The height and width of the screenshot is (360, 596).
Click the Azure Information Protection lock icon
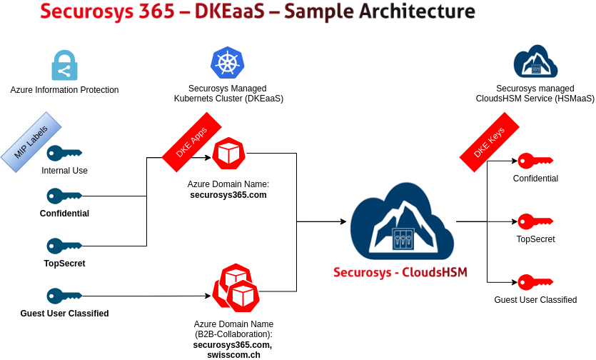[64, 65]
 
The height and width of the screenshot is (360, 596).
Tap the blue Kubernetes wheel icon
[228, 62]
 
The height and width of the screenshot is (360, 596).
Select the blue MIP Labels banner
[32, 141]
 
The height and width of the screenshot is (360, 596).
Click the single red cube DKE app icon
[229, 154]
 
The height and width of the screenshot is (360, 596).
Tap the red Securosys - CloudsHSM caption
[400, 272]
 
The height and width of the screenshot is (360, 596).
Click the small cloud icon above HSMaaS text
[535, 61]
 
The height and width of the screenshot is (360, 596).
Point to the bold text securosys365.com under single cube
[228, 194]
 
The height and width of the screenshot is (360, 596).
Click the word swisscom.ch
[233, 354]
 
